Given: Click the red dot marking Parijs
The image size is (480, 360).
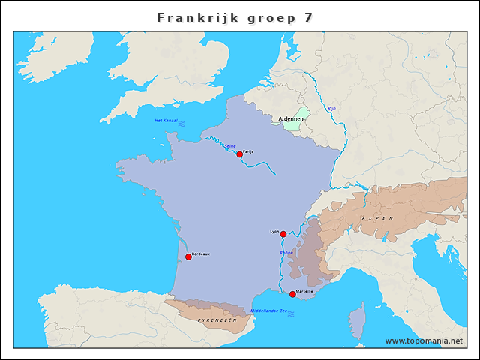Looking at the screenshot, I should [x=239, y=154].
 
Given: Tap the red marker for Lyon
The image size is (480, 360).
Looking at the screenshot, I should [x=283, y=234].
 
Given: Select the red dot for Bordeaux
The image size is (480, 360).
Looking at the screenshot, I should [x=188, y=256].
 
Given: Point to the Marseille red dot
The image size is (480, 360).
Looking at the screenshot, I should [x=292, y=294].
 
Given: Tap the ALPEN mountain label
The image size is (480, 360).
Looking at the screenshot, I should [x=376, y=217].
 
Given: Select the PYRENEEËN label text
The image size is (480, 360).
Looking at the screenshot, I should [x=217, y=319].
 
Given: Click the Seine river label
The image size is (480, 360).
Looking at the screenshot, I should [x=230, y=146].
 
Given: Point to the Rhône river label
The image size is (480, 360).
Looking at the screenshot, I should [x=286, y=253].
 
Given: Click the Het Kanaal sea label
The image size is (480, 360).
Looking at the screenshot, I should [x=164, y=121].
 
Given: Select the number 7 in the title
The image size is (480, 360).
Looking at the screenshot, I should [x=308, y=17].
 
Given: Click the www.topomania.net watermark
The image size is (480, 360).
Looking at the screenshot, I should [x=424, y=340].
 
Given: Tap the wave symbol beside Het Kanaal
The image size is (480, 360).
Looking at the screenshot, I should [x=181, y=122].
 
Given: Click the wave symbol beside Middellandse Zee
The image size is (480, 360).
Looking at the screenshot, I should [x=290, y=313].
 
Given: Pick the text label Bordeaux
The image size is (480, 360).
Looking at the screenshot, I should [x=201, y=254].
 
